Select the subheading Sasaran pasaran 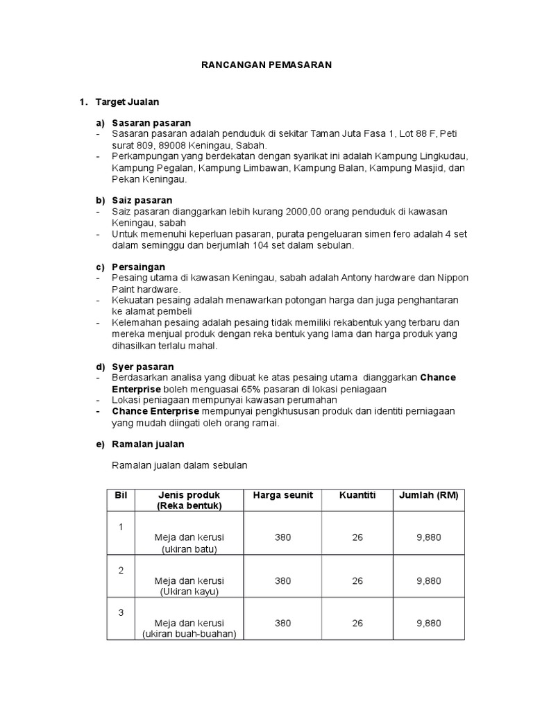151,123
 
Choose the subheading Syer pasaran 143,367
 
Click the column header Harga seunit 282,495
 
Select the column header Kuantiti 357,495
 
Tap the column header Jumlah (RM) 428,495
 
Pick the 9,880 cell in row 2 428,580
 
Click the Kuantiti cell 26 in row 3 357,623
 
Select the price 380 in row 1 282,537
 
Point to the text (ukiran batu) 189,549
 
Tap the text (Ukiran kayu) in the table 189,592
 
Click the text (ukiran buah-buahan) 189,634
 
